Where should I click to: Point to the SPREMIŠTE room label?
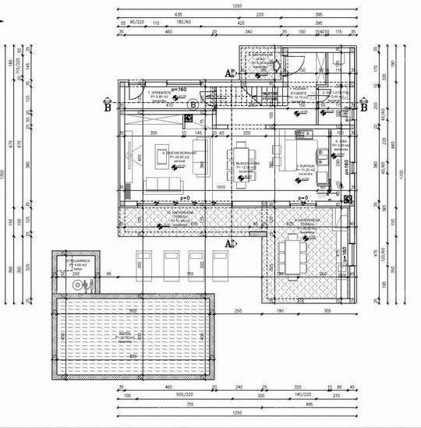138,94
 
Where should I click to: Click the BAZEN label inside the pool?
125,335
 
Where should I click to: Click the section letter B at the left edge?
107,108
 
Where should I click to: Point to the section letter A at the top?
228,72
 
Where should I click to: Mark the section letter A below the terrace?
228,244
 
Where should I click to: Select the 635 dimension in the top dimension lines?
179,14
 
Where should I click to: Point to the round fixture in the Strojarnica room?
76,286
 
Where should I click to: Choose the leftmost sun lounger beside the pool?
143,261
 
